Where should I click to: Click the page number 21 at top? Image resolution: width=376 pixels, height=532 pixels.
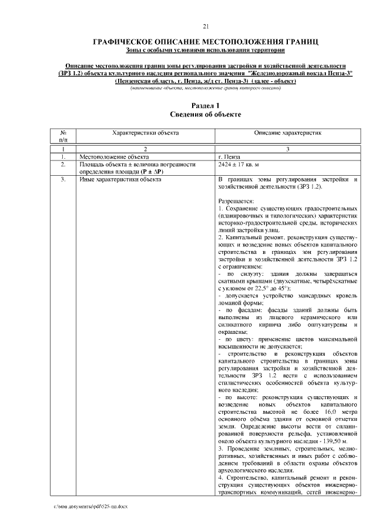206,26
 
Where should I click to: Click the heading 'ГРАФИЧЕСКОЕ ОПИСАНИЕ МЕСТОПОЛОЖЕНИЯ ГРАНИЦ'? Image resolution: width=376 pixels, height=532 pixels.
206,42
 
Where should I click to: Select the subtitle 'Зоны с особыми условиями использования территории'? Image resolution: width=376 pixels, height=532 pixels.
206,51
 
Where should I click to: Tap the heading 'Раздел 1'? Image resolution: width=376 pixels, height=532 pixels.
206,105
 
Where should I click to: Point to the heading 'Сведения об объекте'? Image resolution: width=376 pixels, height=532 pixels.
206,114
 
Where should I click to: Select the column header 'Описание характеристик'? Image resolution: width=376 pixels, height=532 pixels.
288,133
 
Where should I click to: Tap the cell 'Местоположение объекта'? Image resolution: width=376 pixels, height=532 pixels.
115,157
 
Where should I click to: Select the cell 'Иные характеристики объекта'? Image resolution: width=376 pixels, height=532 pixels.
120,179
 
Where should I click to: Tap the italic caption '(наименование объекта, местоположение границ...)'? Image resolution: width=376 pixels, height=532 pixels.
206,88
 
